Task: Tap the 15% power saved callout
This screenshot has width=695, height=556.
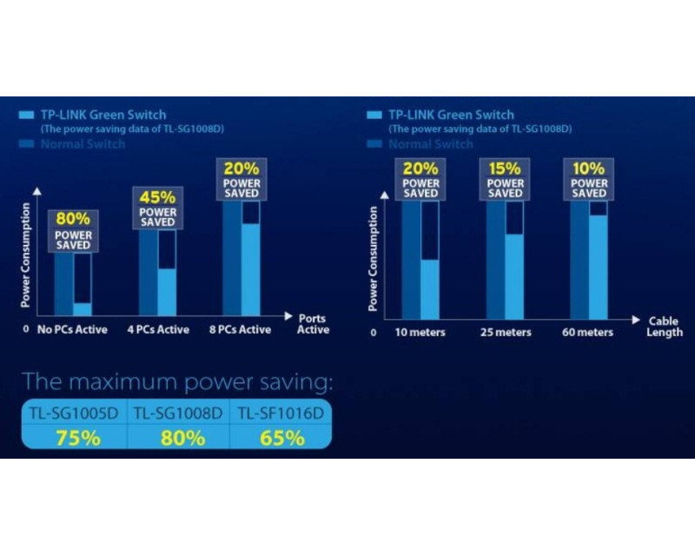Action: [x=505, y=179]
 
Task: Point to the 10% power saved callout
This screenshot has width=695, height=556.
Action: [x=589, y=179]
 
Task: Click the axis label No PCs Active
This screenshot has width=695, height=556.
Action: [x=74, y=330]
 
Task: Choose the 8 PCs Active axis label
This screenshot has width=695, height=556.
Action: [x=241, y=330]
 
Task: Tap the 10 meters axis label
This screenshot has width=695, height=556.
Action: [x=420, y=333]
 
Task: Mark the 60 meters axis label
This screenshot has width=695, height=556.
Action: [x=588, y=333]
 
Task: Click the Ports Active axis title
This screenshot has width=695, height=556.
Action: [x=313, y=324]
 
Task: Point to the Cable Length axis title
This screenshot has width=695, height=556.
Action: [x=665, y=327]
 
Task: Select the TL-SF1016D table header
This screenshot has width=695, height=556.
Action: [x=280, y=414]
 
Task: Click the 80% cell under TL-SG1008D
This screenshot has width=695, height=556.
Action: [x=179, y=438]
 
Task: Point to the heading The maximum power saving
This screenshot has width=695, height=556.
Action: [x=177, y=382]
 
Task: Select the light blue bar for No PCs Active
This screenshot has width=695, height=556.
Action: [x=83, y=308]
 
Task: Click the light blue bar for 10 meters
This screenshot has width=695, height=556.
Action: [x=429, y=288]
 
